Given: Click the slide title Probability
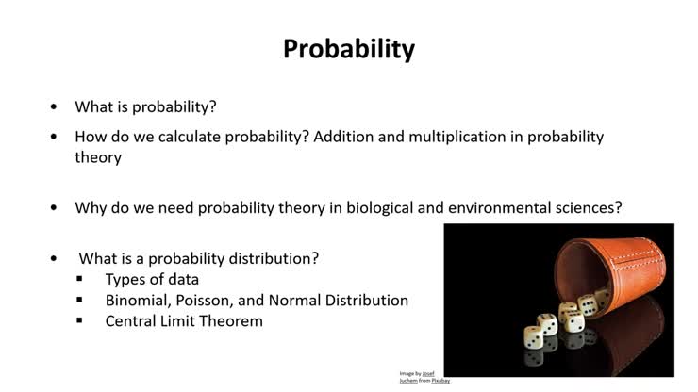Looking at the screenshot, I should (x=349, y=49).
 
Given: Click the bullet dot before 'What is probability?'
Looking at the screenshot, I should (x=54, y=107).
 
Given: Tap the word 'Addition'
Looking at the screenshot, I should (x=345, y=137).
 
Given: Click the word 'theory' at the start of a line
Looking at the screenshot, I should (x=98, y=157).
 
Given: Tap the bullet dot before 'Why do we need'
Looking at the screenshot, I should (x=54, y=207).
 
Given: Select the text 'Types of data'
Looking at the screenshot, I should (x=152, y=279).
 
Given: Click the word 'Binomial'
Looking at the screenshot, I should (x=136, y=300).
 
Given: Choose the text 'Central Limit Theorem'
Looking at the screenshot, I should (x=184, y=320).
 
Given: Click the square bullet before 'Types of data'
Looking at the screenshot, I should (x=81, y=280).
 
